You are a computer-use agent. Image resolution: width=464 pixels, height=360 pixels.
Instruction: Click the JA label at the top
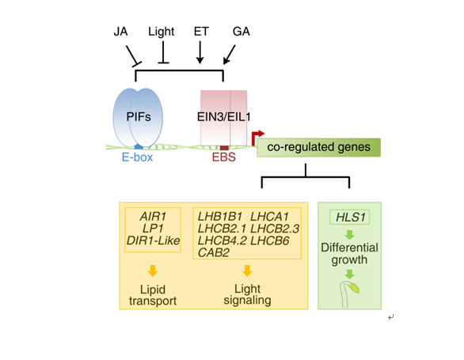[x=120, y=32]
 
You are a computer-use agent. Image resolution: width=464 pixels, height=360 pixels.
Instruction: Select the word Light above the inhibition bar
[x=161, y=32]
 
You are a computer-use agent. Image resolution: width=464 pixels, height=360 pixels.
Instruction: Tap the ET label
[x=201, y=32]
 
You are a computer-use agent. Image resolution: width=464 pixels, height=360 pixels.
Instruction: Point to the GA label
[x=242, y=32]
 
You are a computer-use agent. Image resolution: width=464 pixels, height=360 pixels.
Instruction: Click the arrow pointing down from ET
[x=200, y=52]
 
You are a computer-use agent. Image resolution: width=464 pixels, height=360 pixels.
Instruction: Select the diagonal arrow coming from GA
[x=230, y=55]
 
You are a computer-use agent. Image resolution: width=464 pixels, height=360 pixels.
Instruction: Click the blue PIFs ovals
[x=138, y=118]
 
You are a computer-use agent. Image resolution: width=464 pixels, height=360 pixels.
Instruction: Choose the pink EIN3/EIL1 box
[x=224, y=118]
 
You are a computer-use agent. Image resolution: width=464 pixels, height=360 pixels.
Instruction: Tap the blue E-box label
[x=137, y=157]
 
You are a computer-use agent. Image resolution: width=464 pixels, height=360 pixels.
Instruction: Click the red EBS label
[x=224, y=157]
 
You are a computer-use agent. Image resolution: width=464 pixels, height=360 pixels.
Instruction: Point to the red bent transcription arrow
[x=257, y=137]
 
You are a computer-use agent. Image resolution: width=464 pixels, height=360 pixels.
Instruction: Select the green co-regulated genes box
[x=319, y=147]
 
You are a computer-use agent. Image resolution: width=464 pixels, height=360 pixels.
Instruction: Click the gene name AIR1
[x=153, y=217]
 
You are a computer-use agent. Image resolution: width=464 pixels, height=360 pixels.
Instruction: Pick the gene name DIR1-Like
[x=153, y=241]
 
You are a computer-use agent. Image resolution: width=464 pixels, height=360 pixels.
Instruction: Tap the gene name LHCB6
[x=269, y=241]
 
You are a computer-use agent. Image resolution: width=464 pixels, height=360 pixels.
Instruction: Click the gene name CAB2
[x=213, y=252]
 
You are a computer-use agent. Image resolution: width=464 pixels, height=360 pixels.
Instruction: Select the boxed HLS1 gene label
[x=350, y=218]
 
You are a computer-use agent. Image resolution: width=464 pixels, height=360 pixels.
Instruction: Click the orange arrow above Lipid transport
[x=153, y=271]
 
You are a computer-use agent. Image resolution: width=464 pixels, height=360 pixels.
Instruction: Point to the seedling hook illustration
[x=349, y=294]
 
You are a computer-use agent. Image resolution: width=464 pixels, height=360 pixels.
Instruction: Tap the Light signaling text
[x=247, y=294]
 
